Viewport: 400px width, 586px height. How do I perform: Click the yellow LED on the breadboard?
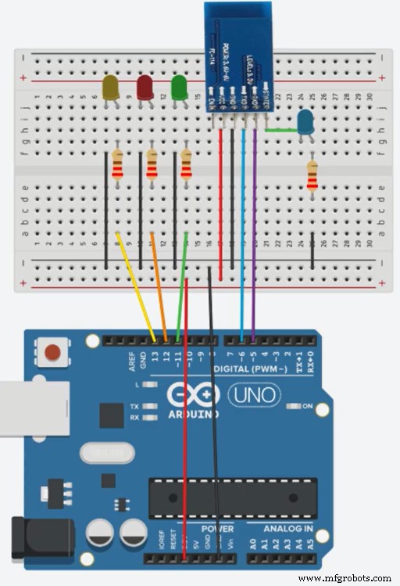click(111, 88)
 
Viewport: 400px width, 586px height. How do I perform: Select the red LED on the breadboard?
click(145, 87)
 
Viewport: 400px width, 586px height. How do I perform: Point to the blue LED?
click(305, 121)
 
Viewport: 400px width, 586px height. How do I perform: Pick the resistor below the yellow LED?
click(117, 165)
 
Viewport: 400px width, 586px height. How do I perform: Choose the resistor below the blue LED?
click(312, 176)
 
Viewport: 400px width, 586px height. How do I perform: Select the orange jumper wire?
click(159, 286)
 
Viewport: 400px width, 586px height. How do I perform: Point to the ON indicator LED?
click(295, 406)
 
